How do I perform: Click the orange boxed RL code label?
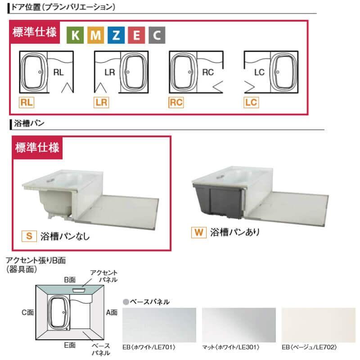(x=27, y=103)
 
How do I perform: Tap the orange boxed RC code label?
(x=176, y=103)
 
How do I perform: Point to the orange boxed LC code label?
(x=251, y=103)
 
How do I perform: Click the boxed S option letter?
(x=29, y=235)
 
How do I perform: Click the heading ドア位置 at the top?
(x=63, y=7)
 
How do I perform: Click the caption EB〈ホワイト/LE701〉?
(x=148, y=348)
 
